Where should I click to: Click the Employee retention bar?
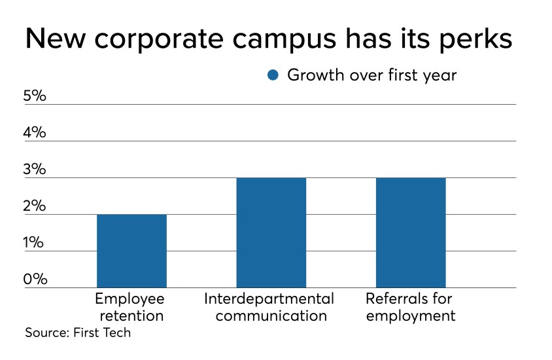click(131, 251)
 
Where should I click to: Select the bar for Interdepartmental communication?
click(271, 232)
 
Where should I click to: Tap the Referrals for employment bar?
click(411, 232)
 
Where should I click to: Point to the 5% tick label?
click(35, 96)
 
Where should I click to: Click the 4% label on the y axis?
click(35, 132)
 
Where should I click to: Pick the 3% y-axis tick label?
click(35, 169)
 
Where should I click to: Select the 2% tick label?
click(35, 206)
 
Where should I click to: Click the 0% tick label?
click(35, 279)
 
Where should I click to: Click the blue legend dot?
click(273, 75)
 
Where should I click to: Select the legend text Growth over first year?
click(371, 75)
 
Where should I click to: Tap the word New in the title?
click(54, 39)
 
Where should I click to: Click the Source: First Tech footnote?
click(78, 333)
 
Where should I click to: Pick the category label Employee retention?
click(130, 308)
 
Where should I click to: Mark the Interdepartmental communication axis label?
click(269, 308)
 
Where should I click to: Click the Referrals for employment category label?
click(410, 308)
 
